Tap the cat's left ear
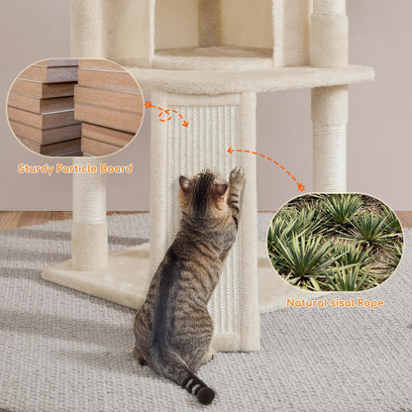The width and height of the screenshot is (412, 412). [x=184, y=183]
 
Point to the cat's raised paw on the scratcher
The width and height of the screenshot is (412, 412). [x=237, y=177]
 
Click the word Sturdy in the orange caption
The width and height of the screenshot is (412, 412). [x=39, y=168]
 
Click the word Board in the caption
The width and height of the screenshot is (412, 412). [x=117, y=168]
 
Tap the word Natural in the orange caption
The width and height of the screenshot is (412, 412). [x=308, y=302]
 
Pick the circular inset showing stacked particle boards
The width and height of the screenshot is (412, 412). [x=74, y=107]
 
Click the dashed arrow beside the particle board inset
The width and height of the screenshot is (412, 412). [x=166, y=113]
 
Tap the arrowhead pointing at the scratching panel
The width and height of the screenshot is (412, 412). [x=231, y=151]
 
